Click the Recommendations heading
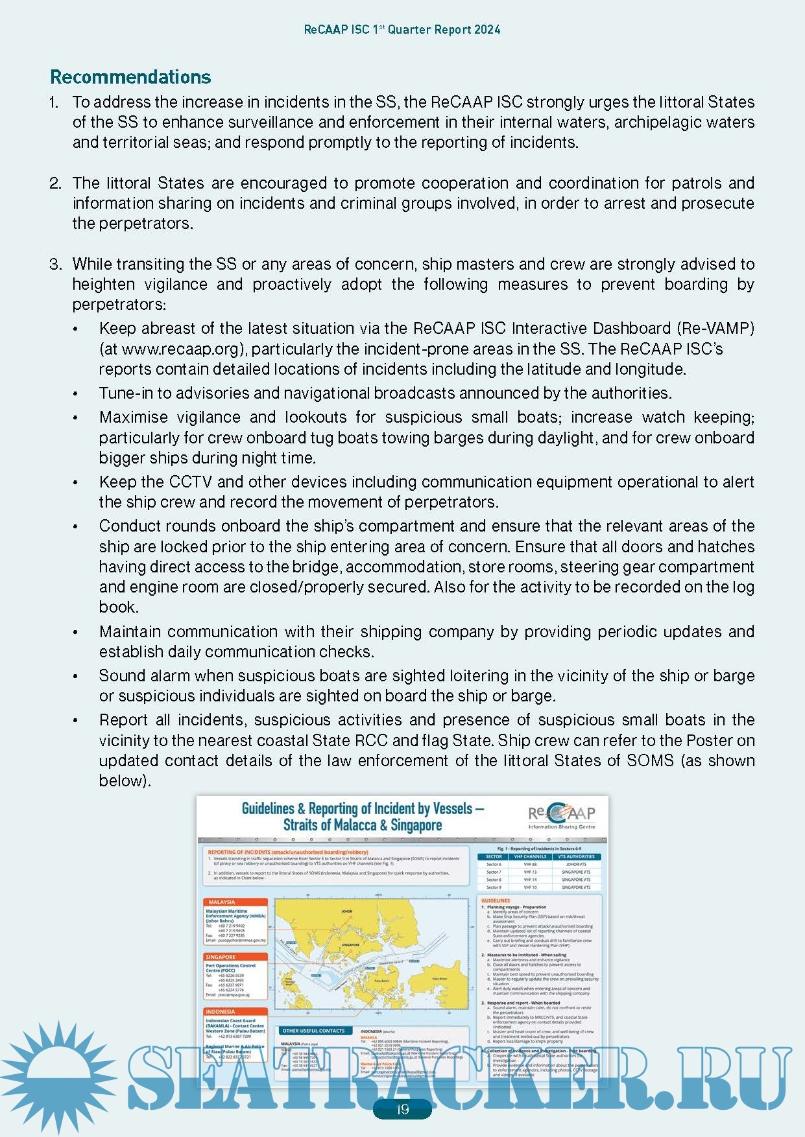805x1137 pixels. [130, 77]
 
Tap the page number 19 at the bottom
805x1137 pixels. [402, 1109]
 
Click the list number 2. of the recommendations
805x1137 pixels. [55, 183]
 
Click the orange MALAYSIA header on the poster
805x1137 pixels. [222, 902]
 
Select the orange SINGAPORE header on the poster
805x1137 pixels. [221, 957]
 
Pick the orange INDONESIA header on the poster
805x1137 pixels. [221, 1011]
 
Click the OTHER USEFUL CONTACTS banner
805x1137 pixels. [314, 1031]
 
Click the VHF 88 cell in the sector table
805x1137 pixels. [530, 864]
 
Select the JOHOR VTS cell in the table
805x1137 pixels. [576, 864]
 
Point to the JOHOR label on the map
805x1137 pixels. [346, 911]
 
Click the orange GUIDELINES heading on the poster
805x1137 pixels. [496, 900]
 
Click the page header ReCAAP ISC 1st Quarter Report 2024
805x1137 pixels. [402, 30]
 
